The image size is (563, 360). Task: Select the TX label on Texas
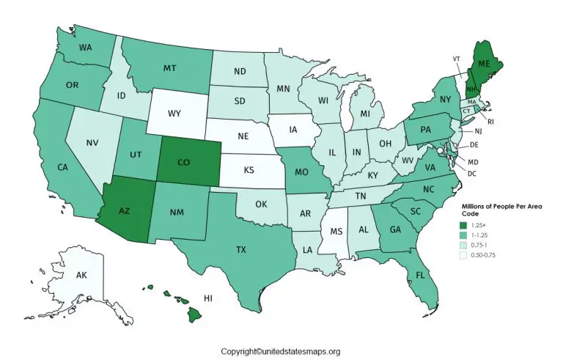[240, 249]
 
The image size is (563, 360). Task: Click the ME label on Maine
[486, 63]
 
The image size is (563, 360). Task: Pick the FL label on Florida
[420, 276]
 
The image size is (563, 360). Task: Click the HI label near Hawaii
[208, 298]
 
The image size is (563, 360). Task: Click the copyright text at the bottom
[281, 351]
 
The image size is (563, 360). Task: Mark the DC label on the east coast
[472, 173]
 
